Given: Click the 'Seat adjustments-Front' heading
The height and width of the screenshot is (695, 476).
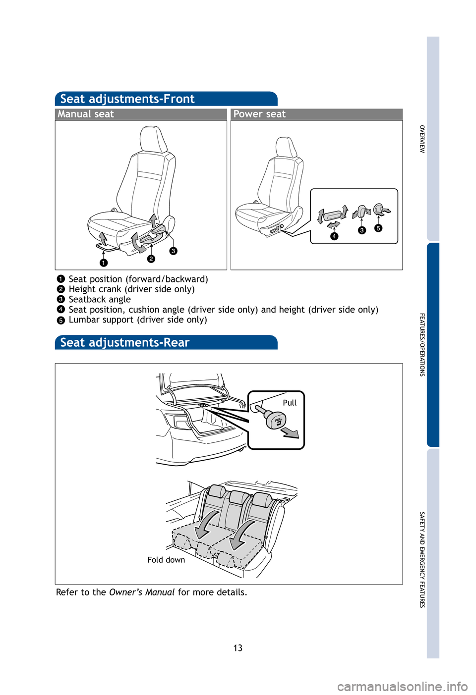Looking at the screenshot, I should click(127, 99).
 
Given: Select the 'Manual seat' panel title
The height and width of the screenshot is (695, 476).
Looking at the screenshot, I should click(86, 114).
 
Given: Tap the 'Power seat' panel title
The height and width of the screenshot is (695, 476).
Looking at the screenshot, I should click(259, 114).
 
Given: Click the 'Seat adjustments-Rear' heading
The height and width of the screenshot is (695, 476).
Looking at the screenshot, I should click(124, 343).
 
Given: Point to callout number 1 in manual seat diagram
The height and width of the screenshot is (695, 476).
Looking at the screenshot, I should click(103, 263).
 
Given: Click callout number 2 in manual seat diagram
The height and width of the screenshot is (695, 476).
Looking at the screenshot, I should click(151, 259).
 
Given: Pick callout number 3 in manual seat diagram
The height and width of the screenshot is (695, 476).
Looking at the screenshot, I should click(173, 251).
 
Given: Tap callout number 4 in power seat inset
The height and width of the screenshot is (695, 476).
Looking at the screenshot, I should click(334, 236).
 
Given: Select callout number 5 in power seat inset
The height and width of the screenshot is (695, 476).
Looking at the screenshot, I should click(378, 228).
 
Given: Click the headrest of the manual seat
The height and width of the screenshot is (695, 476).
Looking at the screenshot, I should click(153, 139).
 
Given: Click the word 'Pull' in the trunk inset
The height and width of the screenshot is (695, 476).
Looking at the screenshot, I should click(290, 403).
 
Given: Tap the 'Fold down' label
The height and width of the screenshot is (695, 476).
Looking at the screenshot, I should click(166, 560).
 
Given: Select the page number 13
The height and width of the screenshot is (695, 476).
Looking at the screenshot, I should click(238, 648).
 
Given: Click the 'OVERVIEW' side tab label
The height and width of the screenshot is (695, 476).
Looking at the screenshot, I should click(422, 139).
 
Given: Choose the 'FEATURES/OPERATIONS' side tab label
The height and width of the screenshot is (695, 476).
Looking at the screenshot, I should click(422, 345).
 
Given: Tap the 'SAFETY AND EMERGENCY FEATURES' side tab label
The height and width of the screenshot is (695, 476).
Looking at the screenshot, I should click(422, 560).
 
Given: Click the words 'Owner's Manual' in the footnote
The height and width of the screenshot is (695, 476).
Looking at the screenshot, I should click(141, 592).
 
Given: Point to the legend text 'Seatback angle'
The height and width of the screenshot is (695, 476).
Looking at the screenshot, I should click(100, 300).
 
